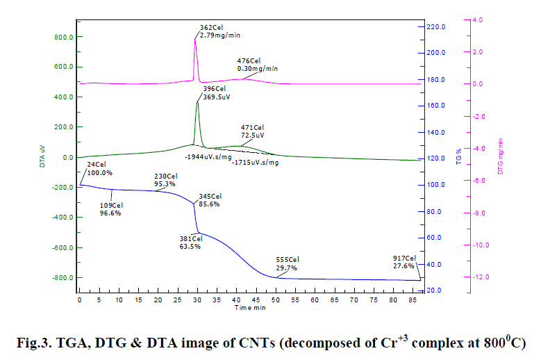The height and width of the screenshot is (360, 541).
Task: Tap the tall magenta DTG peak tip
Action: click(195, 39)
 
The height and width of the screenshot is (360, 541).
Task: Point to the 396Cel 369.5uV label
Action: click(216, 93)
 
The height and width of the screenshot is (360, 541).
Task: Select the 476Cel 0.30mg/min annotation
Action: click(258, 65)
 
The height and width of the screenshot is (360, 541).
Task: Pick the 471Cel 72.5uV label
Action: click(253, 131)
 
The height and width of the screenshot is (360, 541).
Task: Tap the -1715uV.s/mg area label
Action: click(253, 162)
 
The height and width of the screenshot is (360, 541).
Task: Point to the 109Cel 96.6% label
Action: click(111, 209)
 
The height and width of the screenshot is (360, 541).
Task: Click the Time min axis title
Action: click(249, 306)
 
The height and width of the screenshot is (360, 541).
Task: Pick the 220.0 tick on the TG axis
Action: click(437, 26)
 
